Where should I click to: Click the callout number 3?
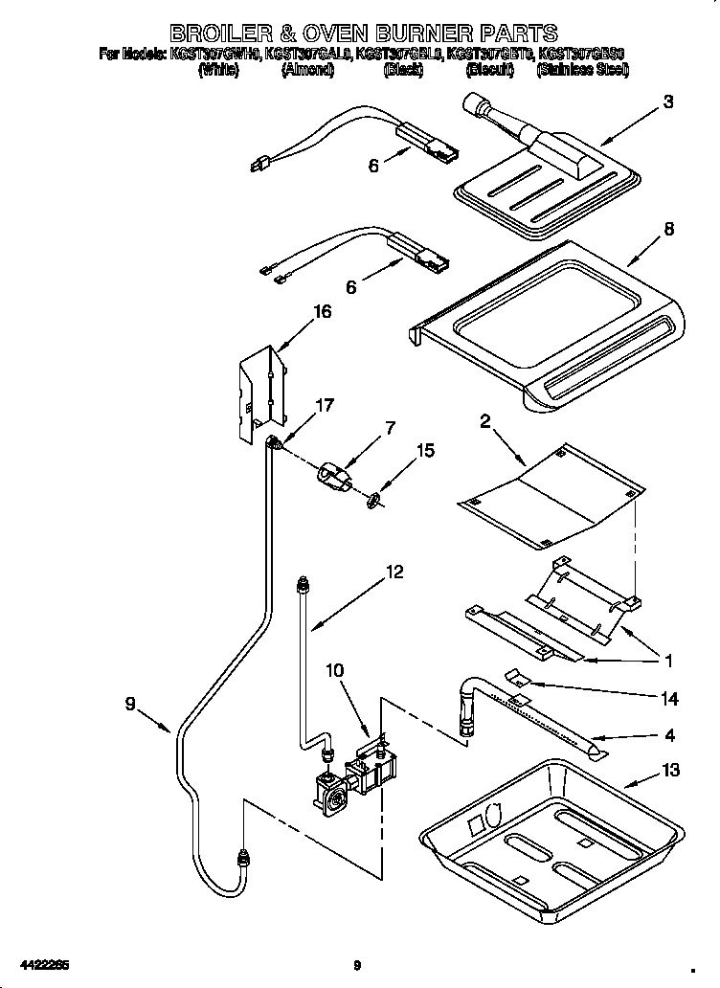[668, 102]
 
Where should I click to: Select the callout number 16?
[323, 312]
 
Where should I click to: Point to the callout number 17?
[325, 405]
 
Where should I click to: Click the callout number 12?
[394, 573]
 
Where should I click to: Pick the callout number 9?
[130, 704]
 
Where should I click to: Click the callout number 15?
[424, 451]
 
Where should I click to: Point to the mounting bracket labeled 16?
[262, 392]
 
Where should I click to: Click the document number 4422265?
[41, 964]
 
